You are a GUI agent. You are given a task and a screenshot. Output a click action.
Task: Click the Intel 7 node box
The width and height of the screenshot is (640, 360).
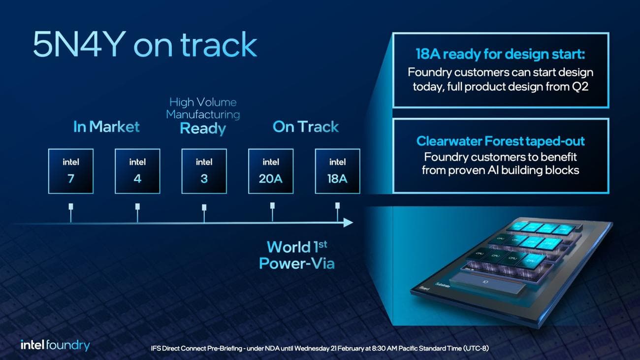71,171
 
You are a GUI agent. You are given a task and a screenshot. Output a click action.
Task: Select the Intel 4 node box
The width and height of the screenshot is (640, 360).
137,171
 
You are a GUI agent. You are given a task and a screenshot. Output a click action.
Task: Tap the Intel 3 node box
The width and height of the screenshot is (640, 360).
204,171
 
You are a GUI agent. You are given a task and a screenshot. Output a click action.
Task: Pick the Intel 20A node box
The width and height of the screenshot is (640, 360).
271,171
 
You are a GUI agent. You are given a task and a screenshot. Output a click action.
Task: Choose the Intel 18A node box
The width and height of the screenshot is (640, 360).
337,171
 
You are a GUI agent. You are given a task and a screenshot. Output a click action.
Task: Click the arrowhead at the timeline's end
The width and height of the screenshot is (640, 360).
349,223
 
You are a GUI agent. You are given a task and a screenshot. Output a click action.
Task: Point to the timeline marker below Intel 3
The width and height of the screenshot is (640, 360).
204,207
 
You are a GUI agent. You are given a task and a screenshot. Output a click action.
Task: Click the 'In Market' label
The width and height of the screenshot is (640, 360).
106,127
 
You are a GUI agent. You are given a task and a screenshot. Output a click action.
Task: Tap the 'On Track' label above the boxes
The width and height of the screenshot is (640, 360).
306,127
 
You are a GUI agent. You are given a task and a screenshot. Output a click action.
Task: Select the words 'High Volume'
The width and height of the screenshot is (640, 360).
203,102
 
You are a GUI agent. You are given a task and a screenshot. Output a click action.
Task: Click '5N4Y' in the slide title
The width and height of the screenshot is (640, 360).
78,45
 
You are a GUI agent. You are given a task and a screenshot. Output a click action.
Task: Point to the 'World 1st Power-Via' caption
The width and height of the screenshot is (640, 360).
297,255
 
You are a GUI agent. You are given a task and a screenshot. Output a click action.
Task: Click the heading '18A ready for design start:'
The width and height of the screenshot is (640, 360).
500,54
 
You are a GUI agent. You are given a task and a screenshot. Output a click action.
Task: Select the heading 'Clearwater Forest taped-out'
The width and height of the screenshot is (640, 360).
500,141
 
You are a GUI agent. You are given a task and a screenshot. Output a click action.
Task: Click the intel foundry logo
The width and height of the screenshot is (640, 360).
55,345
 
